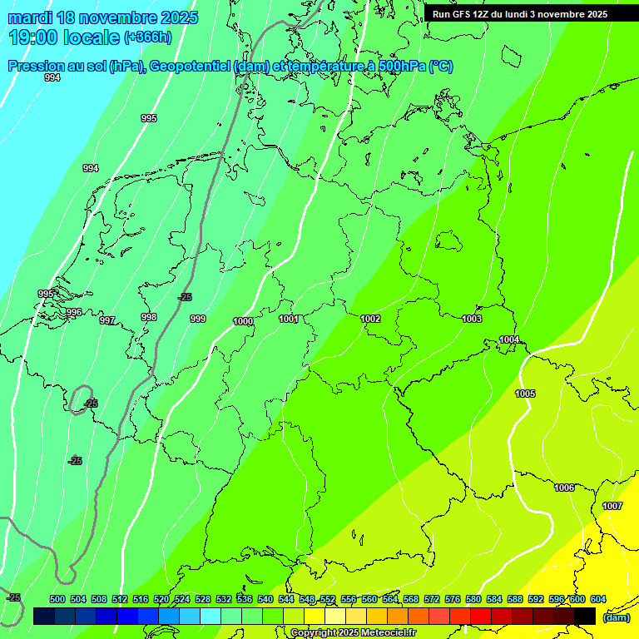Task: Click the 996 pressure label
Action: click(74, 313)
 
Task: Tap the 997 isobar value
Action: click(107, 320)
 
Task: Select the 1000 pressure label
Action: click(243, 321)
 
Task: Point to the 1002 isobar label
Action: click(370, 319)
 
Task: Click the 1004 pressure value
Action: click(509, 339)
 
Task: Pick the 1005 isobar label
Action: click(525, 394)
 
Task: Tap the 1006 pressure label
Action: click(564, 488)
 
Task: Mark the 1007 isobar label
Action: click(612, 506)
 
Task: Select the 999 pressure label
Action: click(198, 319)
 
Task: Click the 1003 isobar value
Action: click(472, 319)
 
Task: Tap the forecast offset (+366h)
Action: click(147, 37)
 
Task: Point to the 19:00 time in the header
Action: click(32, 37)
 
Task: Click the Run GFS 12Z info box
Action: click(520, 14)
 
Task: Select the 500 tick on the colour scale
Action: click(57, 599)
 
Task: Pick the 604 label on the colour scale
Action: click(598, 599)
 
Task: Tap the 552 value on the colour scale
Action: click(328, 599)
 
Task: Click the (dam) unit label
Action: click(617, 617)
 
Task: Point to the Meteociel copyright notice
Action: click(353, 632)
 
